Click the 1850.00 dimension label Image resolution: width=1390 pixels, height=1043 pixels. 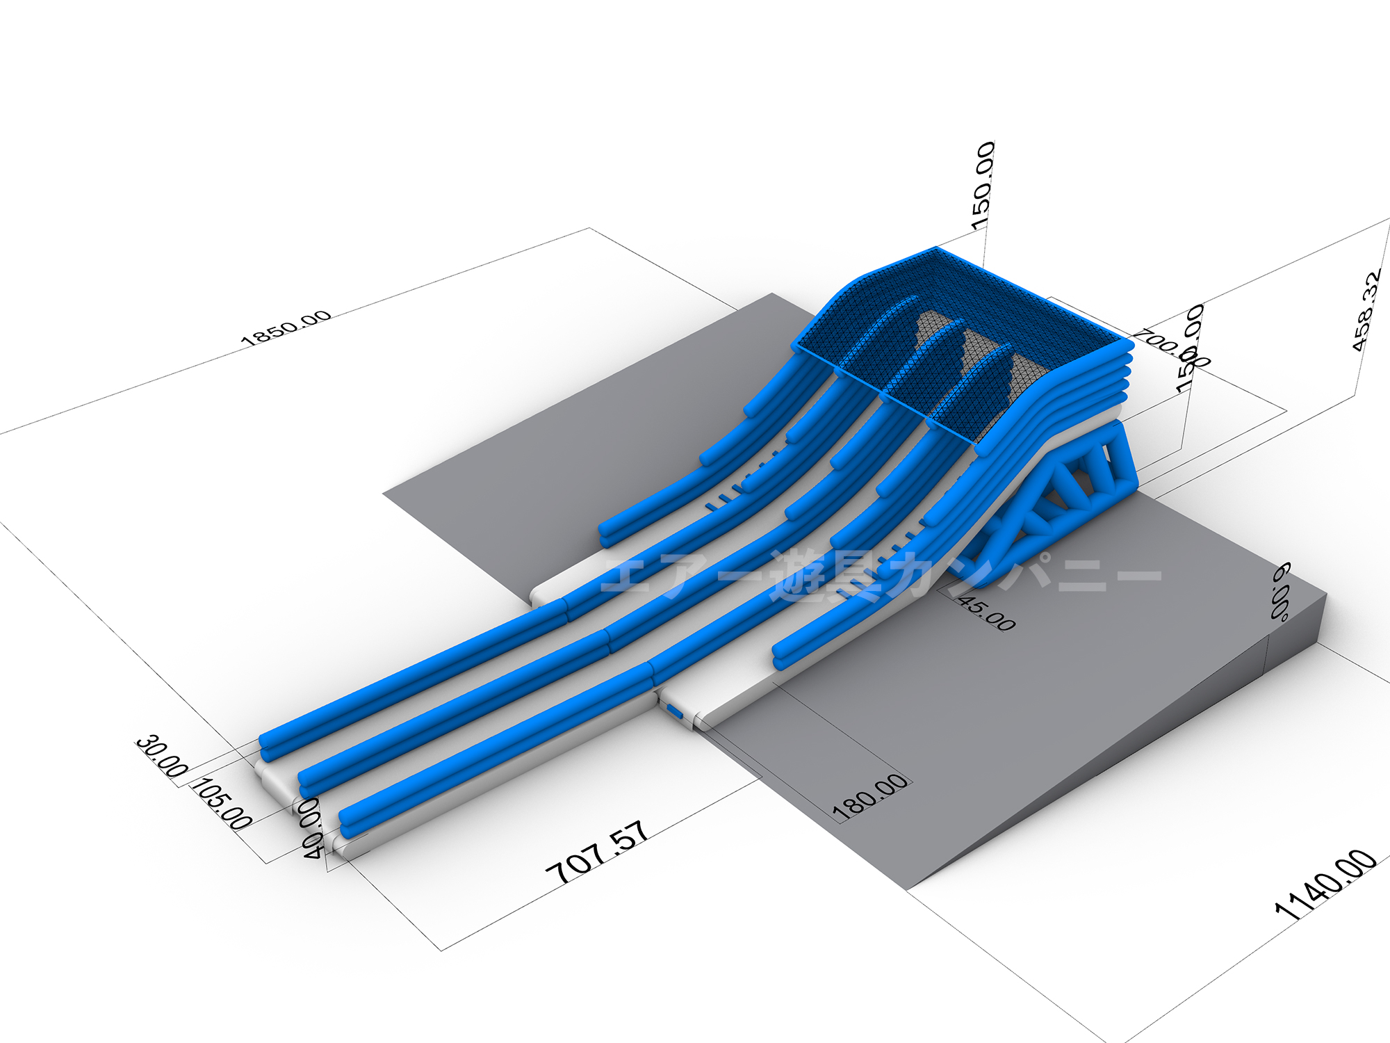(286, 328)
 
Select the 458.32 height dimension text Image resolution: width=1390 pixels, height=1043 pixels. (1365, 311)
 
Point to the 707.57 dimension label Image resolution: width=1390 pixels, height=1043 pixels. (598, 852)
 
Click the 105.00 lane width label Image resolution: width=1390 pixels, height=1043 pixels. (222, 804)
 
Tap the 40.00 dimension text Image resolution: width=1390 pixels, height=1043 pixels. (312, 829)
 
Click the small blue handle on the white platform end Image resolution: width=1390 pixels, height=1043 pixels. (674, 711)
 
